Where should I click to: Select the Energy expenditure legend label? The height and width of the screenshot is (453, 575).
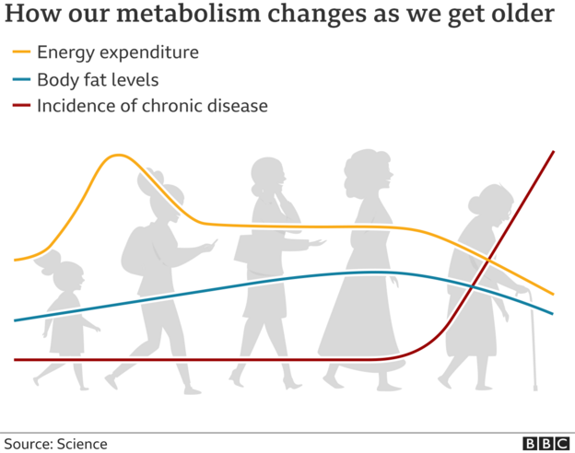pos(117,52)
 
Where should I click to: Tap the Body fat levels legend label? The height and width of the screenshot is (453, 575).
pos(98,79)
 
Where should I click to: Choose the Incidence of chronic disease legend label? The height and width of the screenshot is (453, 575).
pos(152,106)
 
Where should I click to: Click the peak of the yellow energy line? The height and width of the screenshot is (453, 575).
pos(117,156)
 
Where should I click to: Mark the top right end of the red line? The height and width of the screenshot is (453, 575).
pos(553,152)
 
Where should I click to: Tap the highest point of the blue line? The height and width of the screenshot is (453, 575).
pos(369,272)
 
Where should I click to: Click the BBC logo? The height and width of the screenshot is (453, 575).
pos(546,443)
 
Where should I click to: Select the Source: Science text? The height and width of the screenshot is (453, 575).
pos(55,444)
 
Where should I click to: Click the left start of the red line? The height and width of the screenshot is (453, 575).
pos(16,360)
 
